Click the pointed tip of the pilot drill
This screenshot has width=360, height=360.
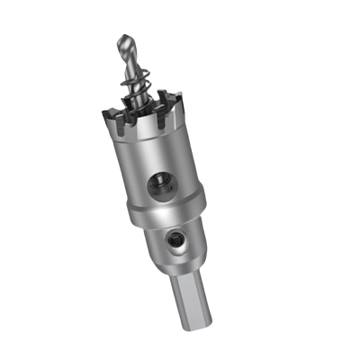(x=121, y=36)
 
